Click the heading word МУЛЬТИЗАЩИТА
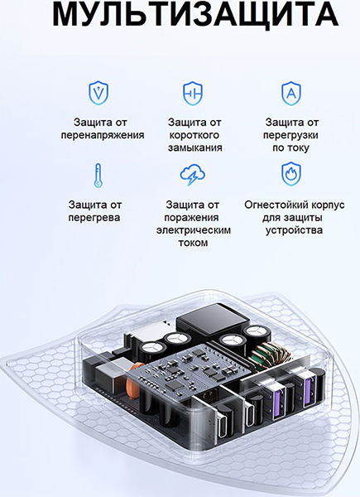(x=195, y=15)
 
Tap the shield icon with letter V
(x=98, y=93)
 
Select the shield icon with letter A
(x=291, y=93)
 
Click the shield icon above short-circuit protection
(x=193, y=93)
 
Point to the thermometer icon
(x=98, y=176)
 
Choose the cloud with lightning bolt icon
(x=192, y=174)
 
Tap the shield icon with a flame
(x=291, y=174)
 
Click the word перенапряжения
(x=103, y=135)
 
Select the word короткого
(x=194, y=135)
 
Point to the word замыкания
(x=194, y=148)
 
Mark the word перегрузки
(x=290, y=135)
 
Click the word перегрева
(x=94, y=218)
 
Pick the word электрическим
(x=194, y=230)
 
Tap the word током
(x=193, y=243)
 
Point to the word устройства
(x=294, y=230)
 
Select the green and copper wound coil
(x=270, y=354)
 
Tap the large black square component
(x=213, y=320)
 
